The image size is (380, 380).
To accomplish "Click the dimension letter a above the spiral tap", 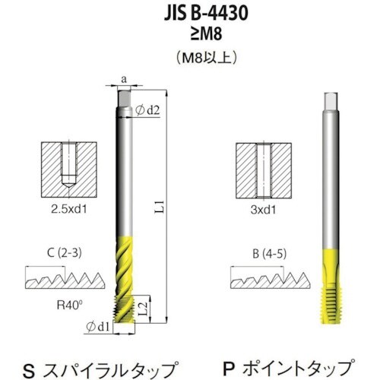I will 125,78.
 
